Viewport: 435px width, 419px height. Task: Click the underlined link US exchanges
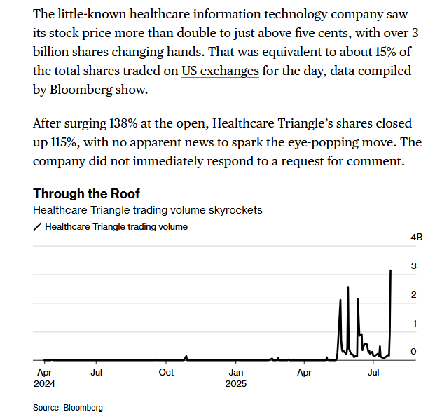pyautogui.click(x=220, y=71)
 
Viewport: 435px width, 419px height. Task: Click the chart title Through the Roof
pyautogui.click(x=86, y=193)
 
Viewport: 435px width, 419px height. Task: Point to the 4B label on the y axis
pyautogui.click(x=416, y=238)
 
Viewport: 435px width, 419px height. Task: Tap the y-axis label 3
pyautogui.click(x=414, y=266)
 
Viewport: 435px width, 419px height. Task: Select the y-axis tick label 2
pyautogui.click(x=414, y=295)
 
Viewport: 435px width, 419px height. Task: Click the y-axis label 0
pyautogui.click(x=414, y=352)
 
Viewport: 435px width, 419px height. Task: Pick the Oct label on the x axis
pyautogui.click(x=166, y=372)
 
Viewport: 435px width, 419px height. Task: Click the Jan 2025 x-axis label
pyautogui.click(x=236, y=378)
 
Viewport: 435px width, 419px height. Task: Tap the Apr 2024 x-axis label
pyautogui.click(x=44, y=378)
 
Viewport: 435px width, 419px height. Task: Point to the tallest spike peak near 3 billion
pyautogui.click(x=391, y=270)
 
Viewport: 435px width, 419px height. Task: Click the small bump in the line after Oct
pyautogui.click(x=186, y=357)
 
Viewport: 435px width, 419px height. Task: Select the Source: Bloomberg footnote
pyautogui.click(x=68, y=408)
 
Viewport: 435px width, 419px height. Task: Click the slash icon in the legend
pyautogui.click(x=37, y=227)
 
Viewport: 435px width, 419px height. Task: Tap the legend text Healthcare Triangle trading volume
pyautogui.click(x=116, y=227)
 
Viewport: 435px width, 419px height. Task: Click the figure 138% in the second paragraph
pyautogui.click(x=123, y=123)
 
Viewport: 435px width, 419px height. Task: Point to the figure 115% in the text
pyautogui.click(x=64, y=142)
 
